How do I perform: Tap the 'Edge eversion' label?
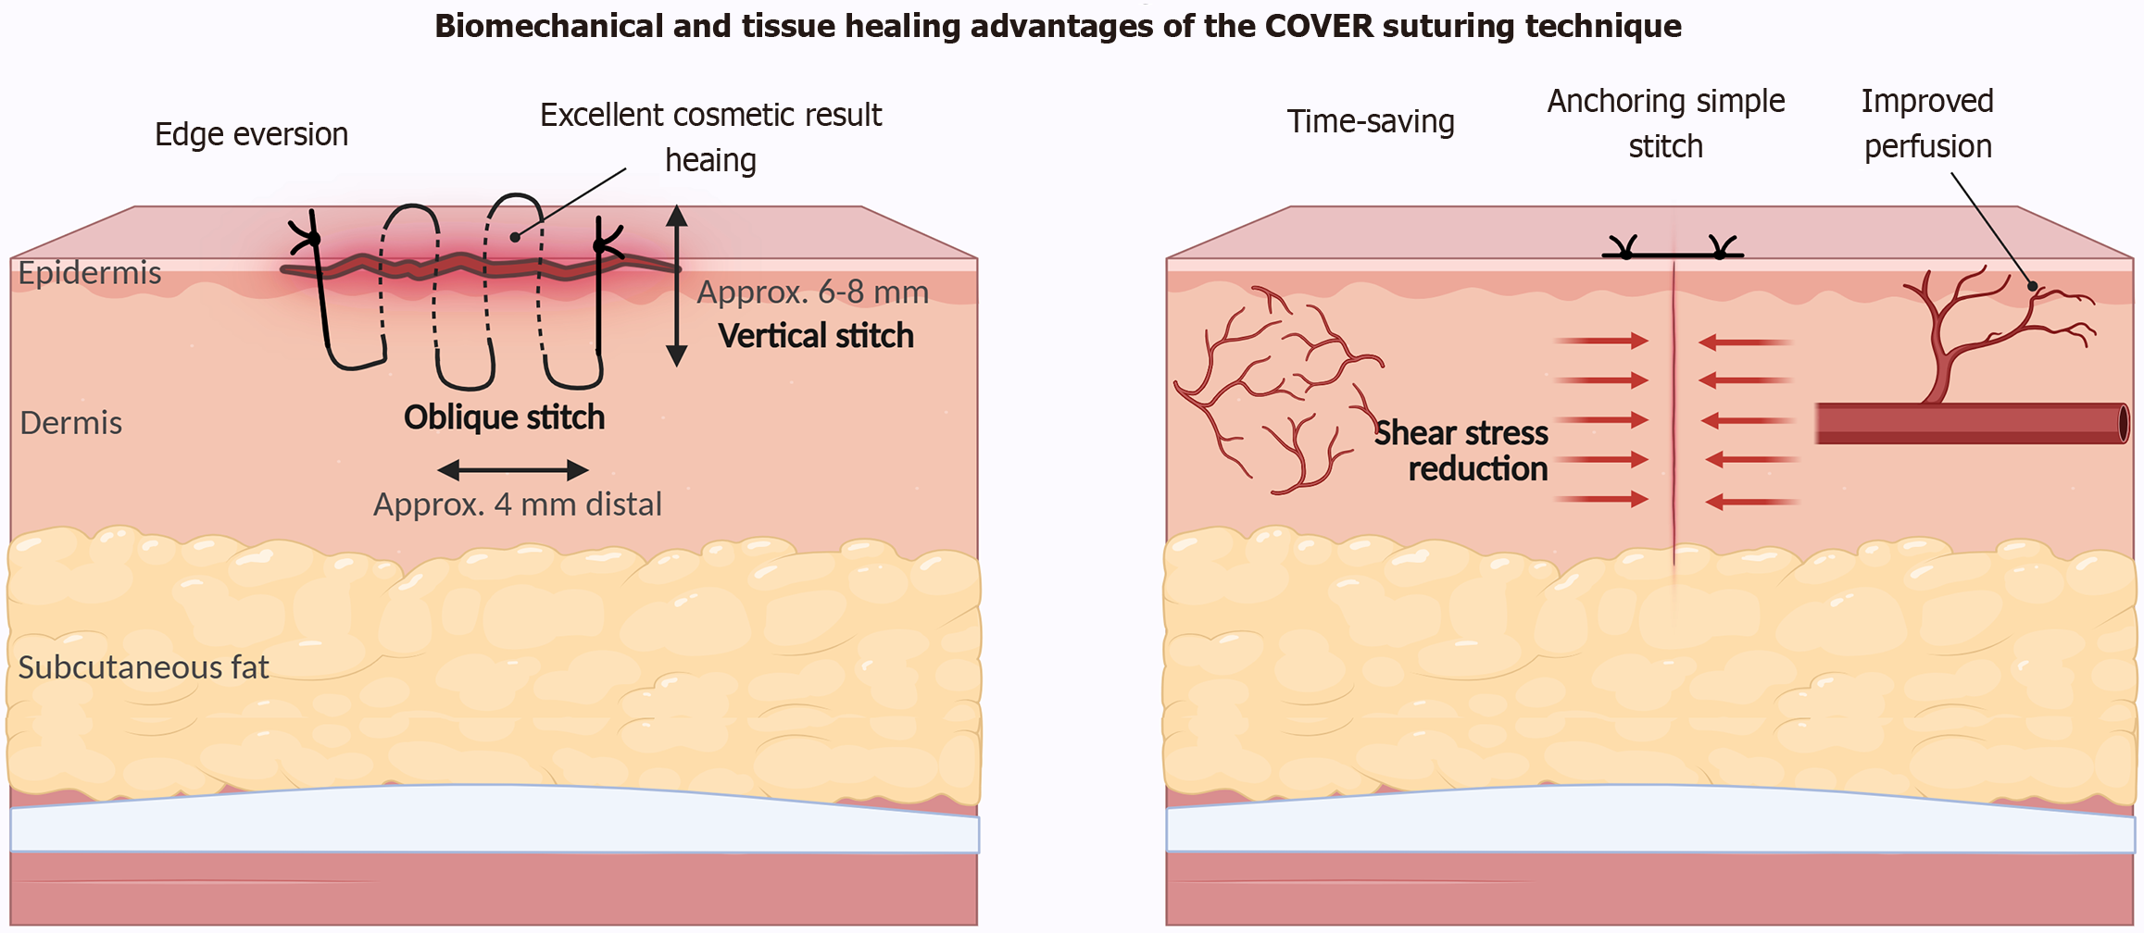click(x=251, y=135)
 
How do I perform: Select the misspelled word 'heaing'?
click(x=710, y=161)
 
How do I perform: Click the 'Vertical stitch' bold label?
click(x=816, y=336)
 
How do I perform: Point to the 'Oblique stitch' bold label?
click(x=504, y=417)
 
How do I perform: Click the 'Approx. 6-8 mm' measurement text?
click(x=812, y=292)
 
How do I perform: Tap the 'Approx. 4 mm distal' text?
click(x=517, y=504)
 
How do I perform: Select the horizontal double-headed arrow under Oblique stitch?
click(x=512, y=470)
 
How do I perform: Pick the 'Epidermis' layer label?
click(x=90, y=274)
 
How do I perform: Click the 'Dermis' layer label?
click(x=71, y=423)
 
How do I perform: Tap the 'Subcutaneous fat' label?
click(x=144, y=667)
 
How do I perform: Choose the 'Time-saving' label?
click(x=1371, y=122)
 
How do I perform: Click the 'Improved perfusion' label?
click(x=1927, y=124)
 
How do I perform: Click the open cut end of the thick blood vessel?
click(x=2123, y=423)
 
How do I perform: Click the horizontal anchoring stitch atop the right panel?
click(x=1673, y=253)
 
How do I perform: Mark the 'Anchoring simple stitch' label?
click(x=1665, y=124)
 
